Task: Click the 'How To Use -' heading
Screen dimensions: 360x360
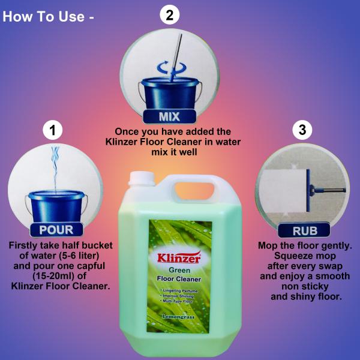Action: click(x=49, y=16)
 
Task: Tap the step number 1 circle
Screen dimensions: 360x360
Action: click(x=53, y=130)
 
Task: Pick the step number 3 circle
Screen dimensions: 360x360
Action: click(x=302, y=130)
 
